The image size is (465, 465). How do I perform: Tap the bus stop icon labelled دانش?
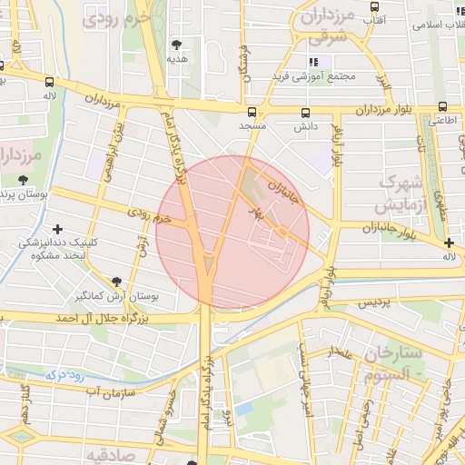point(305,113)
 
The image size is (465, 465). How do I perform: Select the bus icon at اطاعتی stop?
point(442,106)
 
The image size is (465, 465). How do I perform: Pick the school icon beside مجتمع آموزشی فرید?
point(313,62)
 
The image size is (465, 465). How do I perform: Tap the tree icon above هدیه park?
point(176,44)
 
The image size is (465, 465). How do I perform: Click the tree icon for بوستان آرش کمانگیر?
point(116,282)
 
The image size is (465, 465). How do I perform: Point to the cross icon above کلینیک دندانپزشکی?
point(59,229)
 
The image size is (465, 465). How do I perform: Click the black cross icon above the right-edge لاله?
point(449,242)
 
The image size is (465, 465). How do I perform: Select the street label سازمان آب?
point(111,391)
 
